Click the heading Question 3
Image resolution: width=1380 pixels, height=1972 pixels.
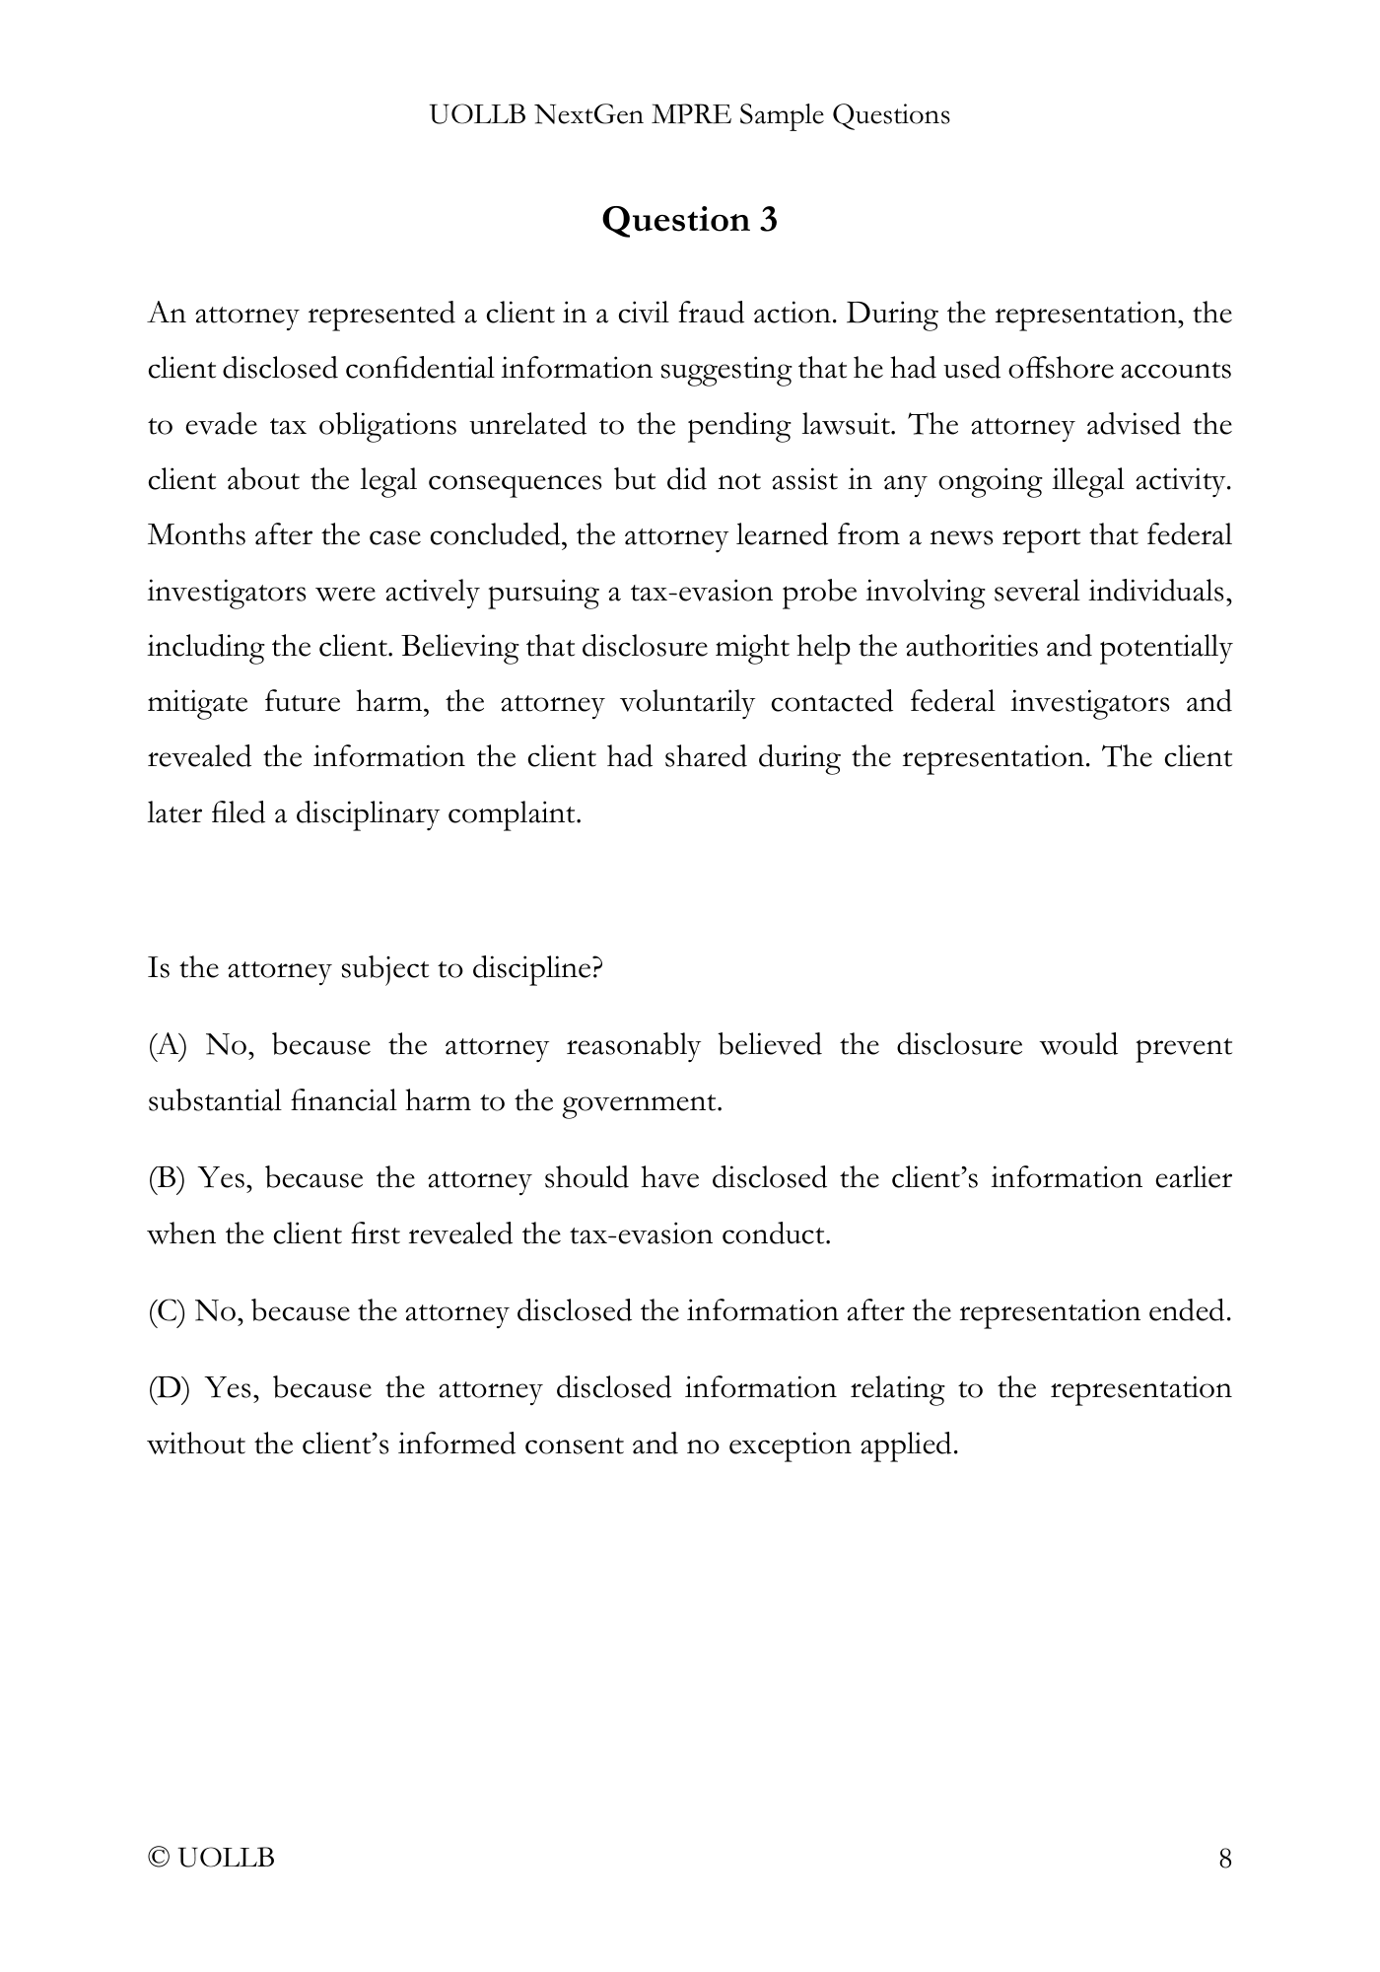coord(689,219)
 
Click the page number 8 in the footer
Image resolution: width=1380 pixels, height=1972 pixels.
coord(1225,1859)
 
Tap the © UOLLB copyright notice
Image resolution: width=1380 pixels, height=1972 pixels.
coord(211,1859)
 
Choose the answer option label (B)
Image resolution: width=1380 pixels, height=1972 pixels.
coord(167,1178)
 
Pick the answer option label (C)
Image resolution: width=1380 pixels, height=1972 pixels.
coord(167,1311)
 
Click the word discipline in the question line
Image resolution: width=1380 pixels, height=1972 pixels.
coord(537,968)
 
